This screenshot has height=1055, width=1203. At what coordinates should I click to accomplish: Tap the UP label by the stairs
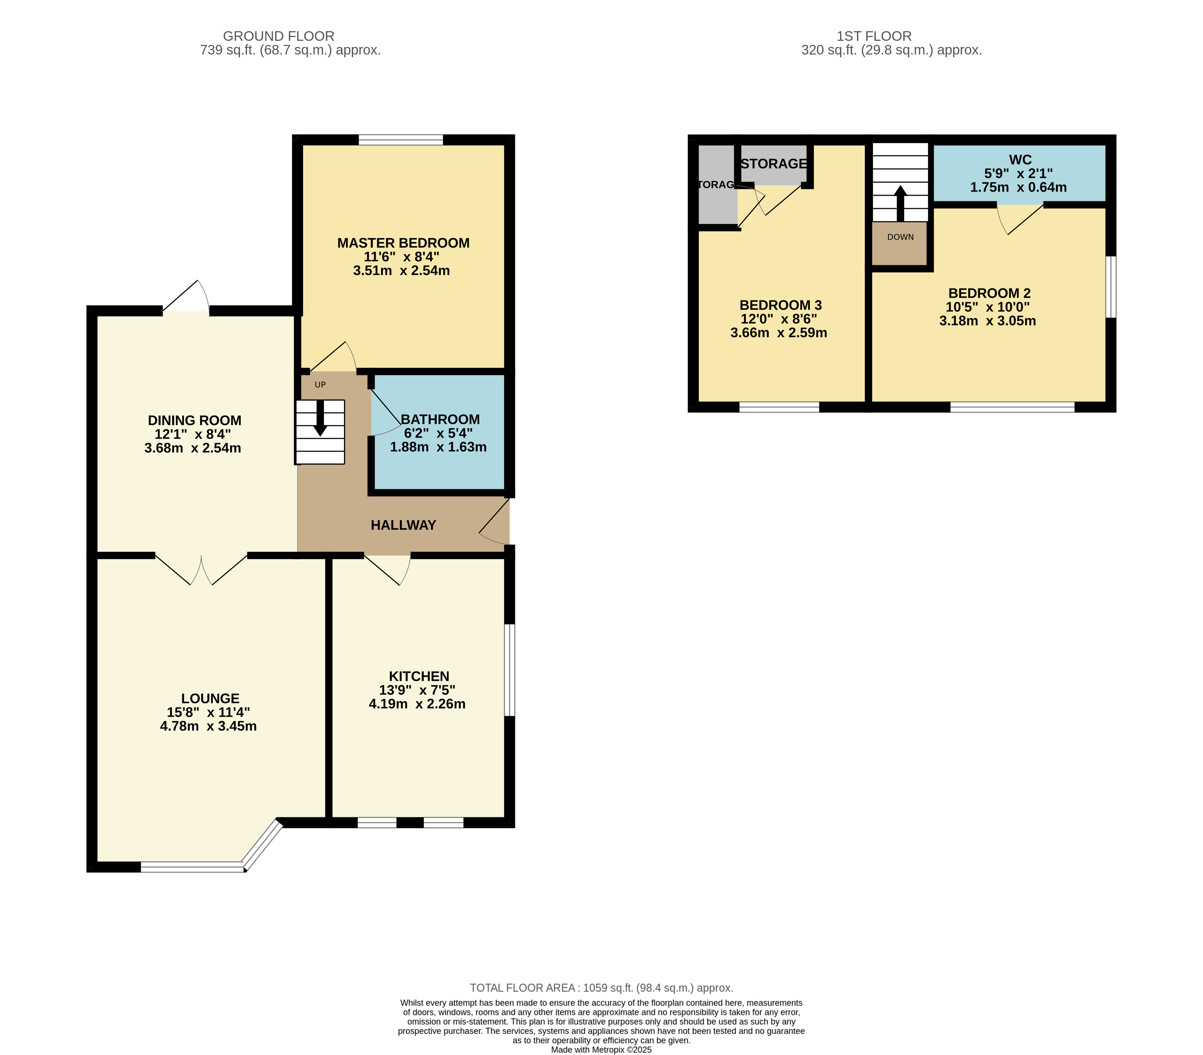click(320, 385)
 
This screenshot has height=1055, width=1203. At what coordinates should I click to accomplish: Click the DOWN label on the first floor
click(900, 237)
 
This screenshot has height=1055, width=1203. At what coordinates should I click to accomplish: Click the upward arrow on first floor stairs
click(900, 204)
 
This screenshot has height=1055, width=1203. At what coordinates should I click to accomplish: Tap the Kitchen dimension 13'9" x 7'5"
click(417, 690)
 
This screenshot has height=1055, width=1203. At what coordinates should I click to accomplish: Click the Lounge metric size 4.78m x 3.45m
click(208, 726)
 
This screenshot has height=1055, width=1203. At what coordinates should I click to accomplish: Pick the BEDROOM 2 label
click(989, 293)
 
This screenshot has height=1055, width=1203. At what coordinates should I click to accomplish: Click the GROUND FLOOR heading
click(279, 36)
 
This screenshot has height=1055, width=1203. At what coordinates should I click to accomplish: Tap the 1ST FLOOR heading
click(874, 36)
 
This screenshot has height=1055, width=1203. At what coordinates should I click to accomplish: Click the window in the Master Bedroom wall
click(401, 140)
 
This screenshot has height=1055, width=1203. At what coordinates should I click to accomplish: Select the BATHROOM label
click(440, 420)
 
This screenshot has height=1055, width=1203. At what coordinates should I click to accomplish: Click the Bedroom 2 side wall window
click(1111, 287)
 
